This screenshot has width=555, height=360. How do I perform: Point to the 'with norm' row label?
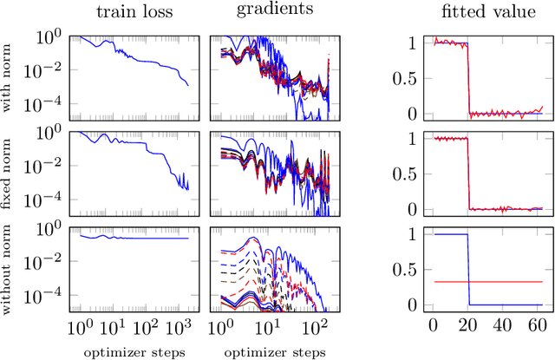point(12,75)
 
